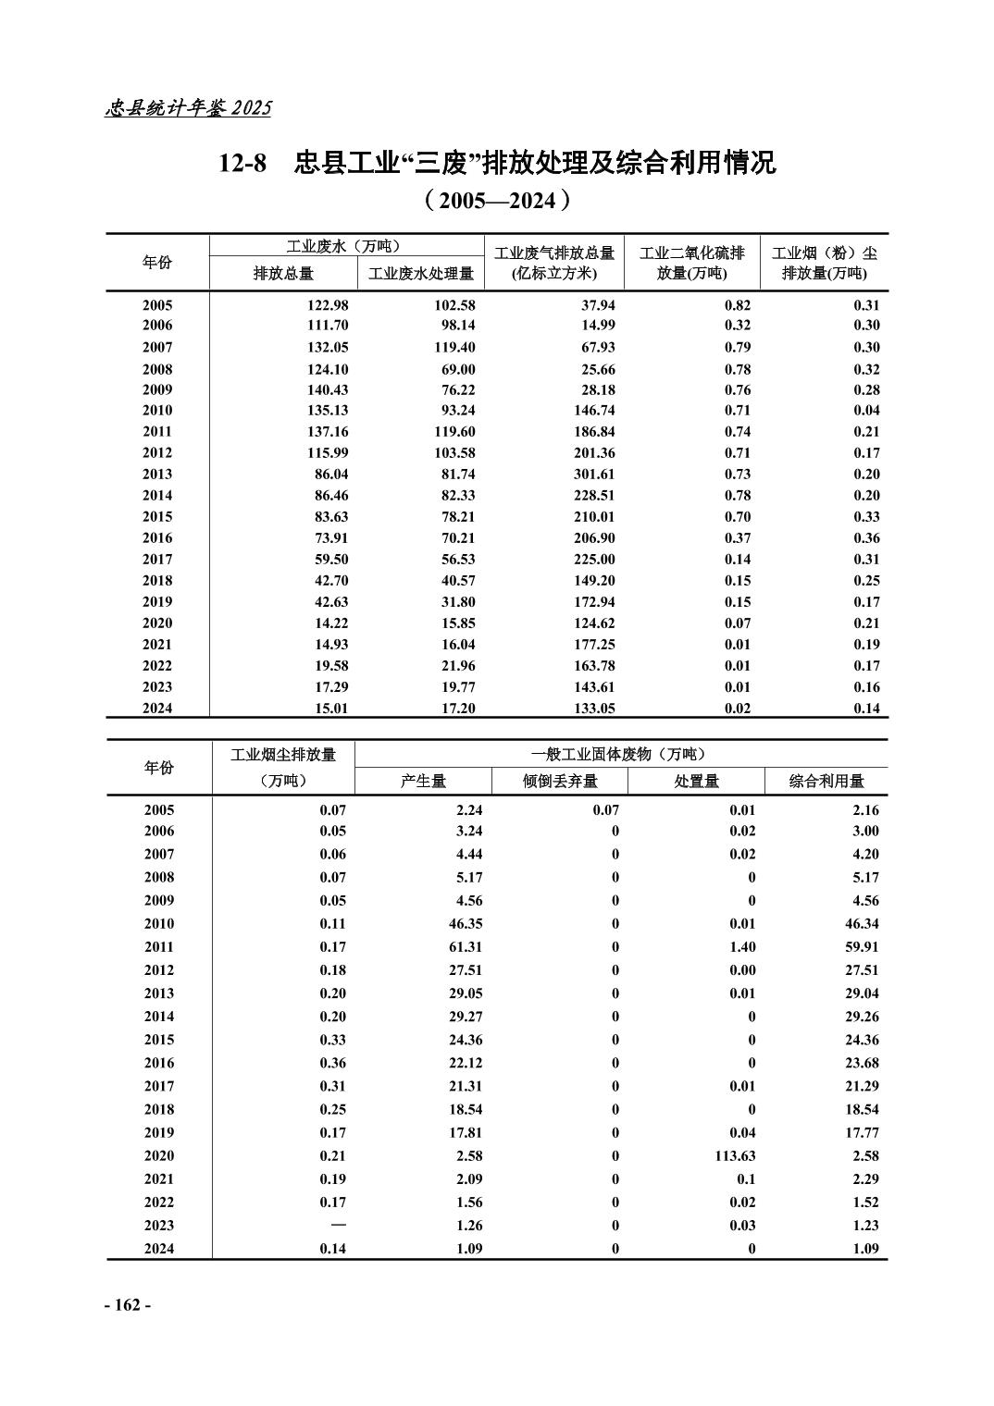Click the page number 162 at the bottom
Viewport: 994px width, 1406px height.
click(127, 1304)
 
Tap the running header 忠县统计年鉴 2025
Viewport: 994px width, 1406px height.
click(189, 108)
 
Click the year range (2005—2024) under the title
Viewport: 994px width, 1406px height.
click(496, 201)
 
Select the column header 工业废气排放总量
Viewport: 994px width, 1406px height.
click(554, 253)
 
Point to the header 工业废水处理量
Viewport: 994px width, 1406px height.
click(421, 274)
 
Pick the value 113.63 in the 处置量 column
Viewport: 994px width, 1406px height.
click(731, 1156)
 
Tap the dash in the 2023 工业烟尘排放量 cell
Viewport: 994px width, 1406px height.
click(339, 1225)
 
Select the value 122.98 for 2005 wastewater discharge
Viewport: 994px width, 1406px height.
click(326, 305)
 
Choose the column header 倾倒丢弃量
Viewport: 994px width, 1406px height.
click(560, 781)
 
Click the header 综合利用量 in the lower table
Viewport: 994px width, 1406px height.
click(826, 781)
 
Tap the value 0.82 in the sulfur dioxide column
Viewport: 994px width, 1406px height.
click(738, 305)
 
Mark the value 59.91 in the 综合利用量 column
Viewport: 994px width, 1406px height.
click(862, 947)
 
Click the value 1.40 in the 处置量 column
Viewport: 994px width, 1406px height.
click(742, 947)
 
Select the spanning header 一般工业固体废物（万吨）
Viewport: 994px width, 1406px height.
click(620, 754)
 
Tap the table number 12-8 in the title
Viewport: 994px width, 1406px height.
click(242, 164)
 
